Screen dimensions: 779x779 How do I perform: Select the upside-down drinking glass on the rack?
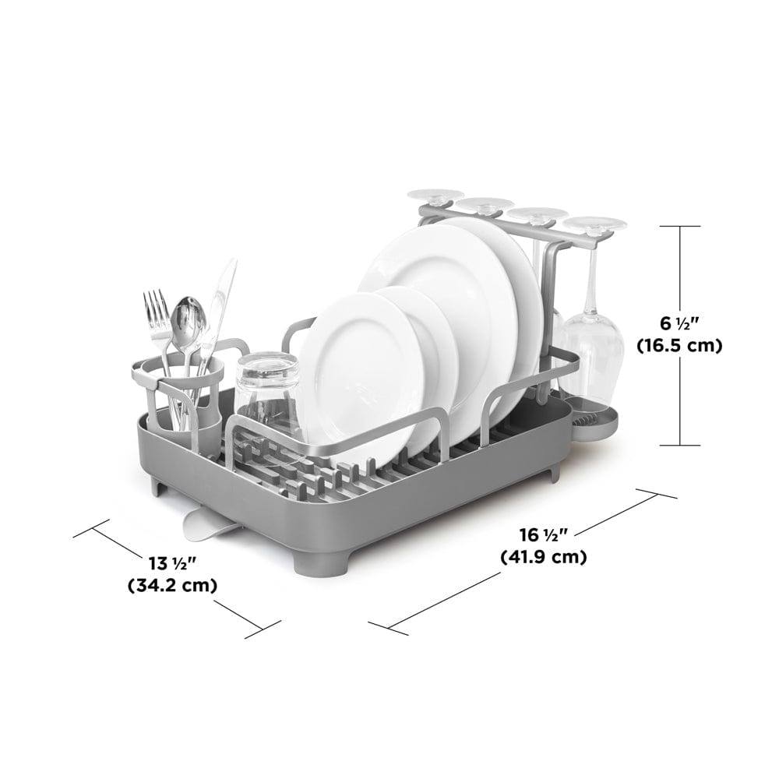(x=267, y=393)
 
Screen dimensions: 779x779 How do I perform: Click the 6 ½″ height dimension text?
(x=679, y=324)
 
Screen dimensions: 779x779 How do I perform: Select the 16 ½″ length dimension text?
(x=544, y=535)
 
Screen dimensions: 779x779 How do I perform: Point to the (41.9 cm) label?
(x=544, y=556)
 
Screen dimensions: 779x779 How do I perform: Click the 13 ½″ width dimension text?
(x=173, y=564)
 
